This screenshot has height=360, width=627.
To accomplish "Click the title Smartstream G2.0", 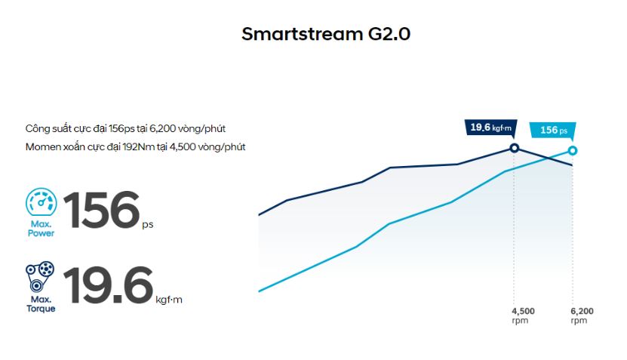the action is click(x=326, y=34).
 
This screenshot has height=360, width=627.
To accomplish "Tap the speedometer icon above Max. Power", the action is click(x=41, y=202).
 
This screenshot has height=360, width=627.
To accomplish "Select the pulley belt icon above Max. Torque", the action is click(x=40, y=277).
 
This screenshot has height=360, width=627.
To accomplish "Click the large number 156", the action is click(x=102, y=210).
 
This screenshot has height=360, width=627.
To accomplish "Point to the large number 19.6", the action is click(x=108, y=285).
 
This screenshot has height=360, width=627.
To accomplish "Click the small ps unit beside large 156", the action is click(x=148, y=225).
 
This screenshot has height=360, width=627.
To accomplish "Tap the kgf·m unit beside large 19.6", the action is click(x=169, y=300).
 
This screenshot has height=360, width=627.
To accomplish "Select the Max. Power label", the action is click(x=41, y=229).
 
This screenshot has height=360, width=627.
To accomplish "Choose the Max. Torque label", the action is click(x=41, y=304).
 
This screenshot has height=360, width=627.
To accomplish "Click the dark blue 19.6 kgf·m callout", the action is click(x=490, y=128).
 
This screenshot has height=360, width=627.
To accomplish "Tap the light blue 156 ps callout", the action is click(x=553, y=130).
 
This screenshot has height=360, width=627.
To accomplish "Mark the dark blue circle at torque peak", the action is click(x=515, y=149).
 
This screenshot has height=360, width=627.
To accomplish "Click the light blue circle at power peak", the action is click(x=573, y=151).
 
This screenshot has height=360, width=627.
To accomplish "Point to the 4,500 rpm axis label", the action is click(x=523, y=315).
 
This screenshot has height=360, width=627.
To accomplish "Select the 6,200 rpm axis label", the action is click(x=582, y=315).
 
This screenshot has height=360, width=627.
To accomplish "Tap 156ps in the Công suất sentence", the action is click(x=121, y=129).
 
